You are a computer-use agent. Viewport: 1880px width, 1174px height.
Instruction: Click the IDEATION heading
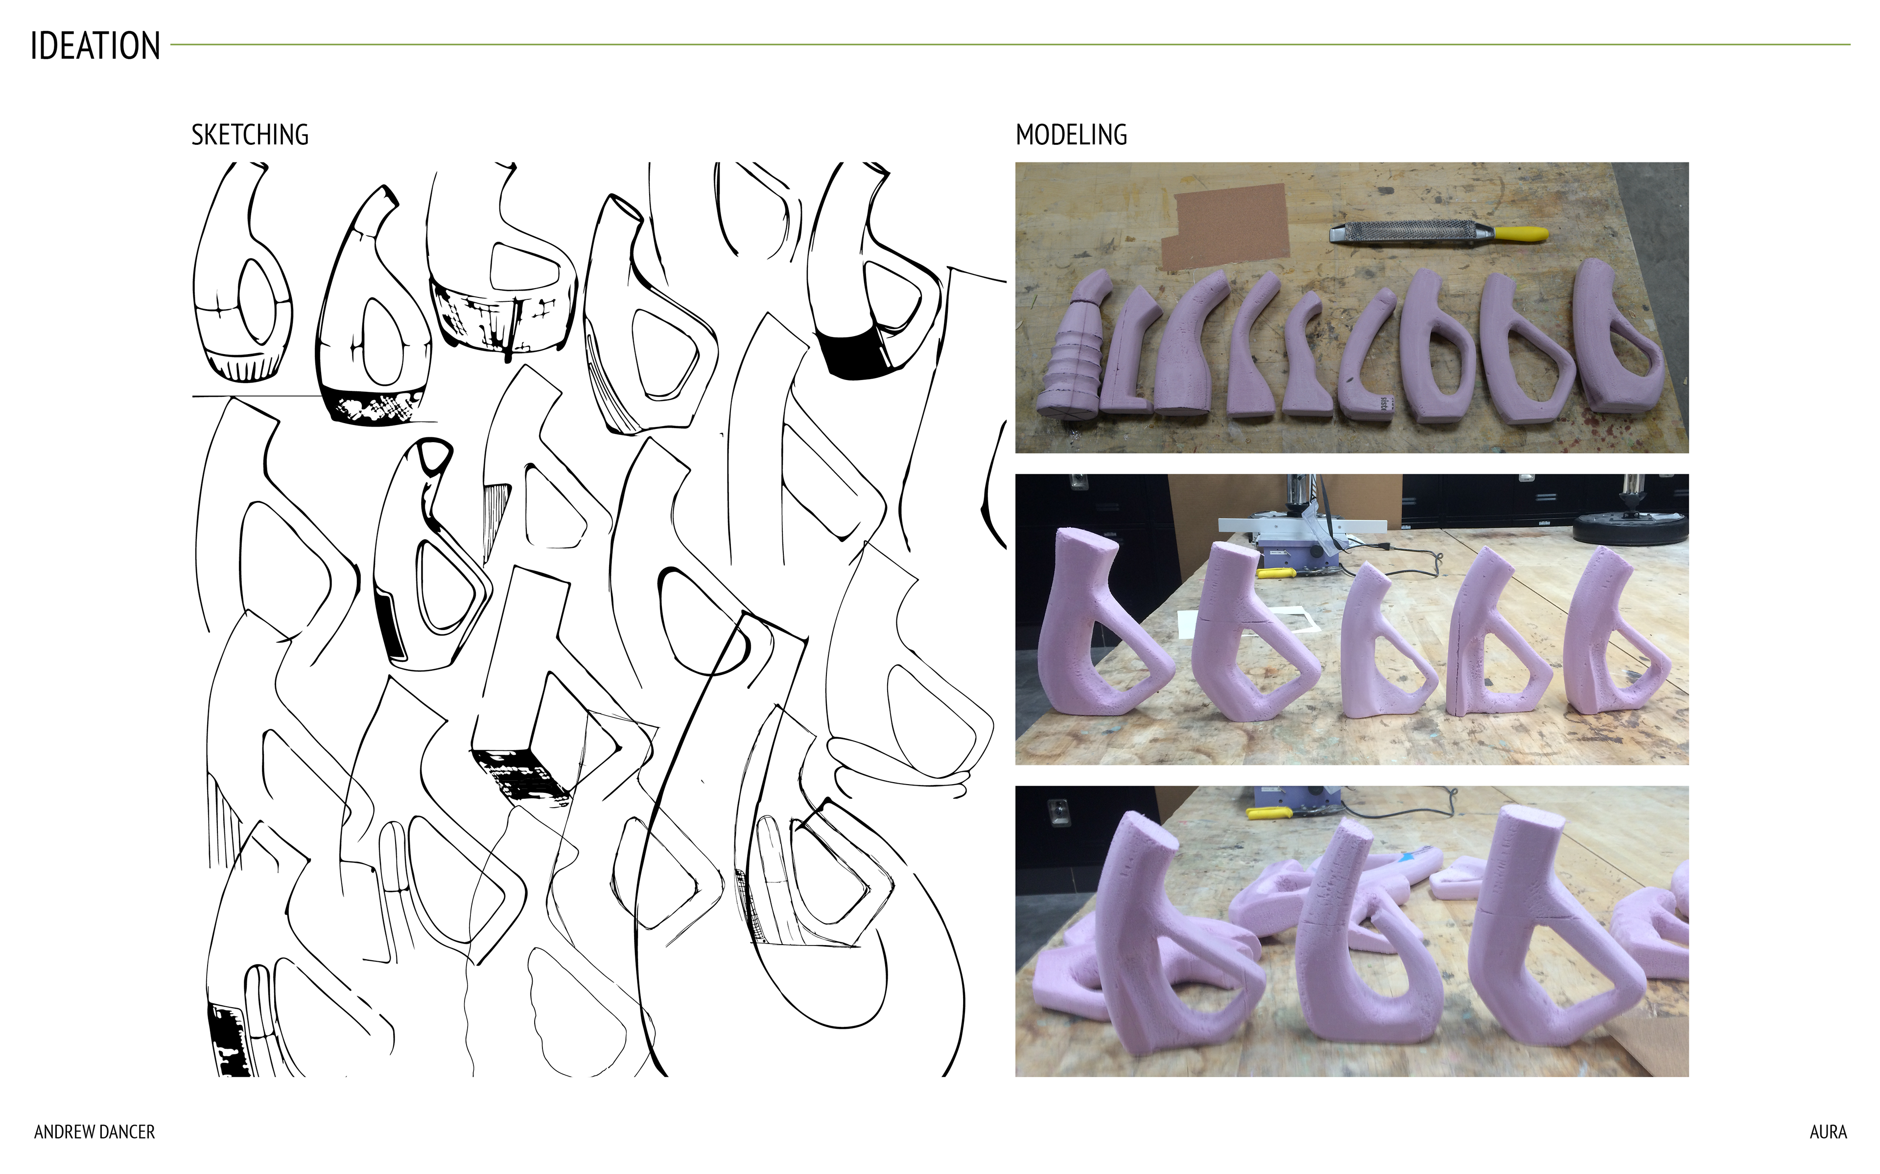(95, 46)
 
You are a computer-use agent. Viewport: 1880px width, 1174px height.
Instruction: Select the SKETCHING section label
(250, 135)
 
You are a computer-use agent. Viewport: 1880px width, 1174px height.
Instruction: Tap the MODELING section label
(1071, 135)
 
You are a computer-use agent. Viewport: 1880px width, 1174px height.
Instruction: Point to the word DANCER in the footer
(125, 1132)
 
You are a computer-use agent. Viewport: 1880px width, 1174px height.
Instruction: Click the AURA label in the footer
(1828, 1132)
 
